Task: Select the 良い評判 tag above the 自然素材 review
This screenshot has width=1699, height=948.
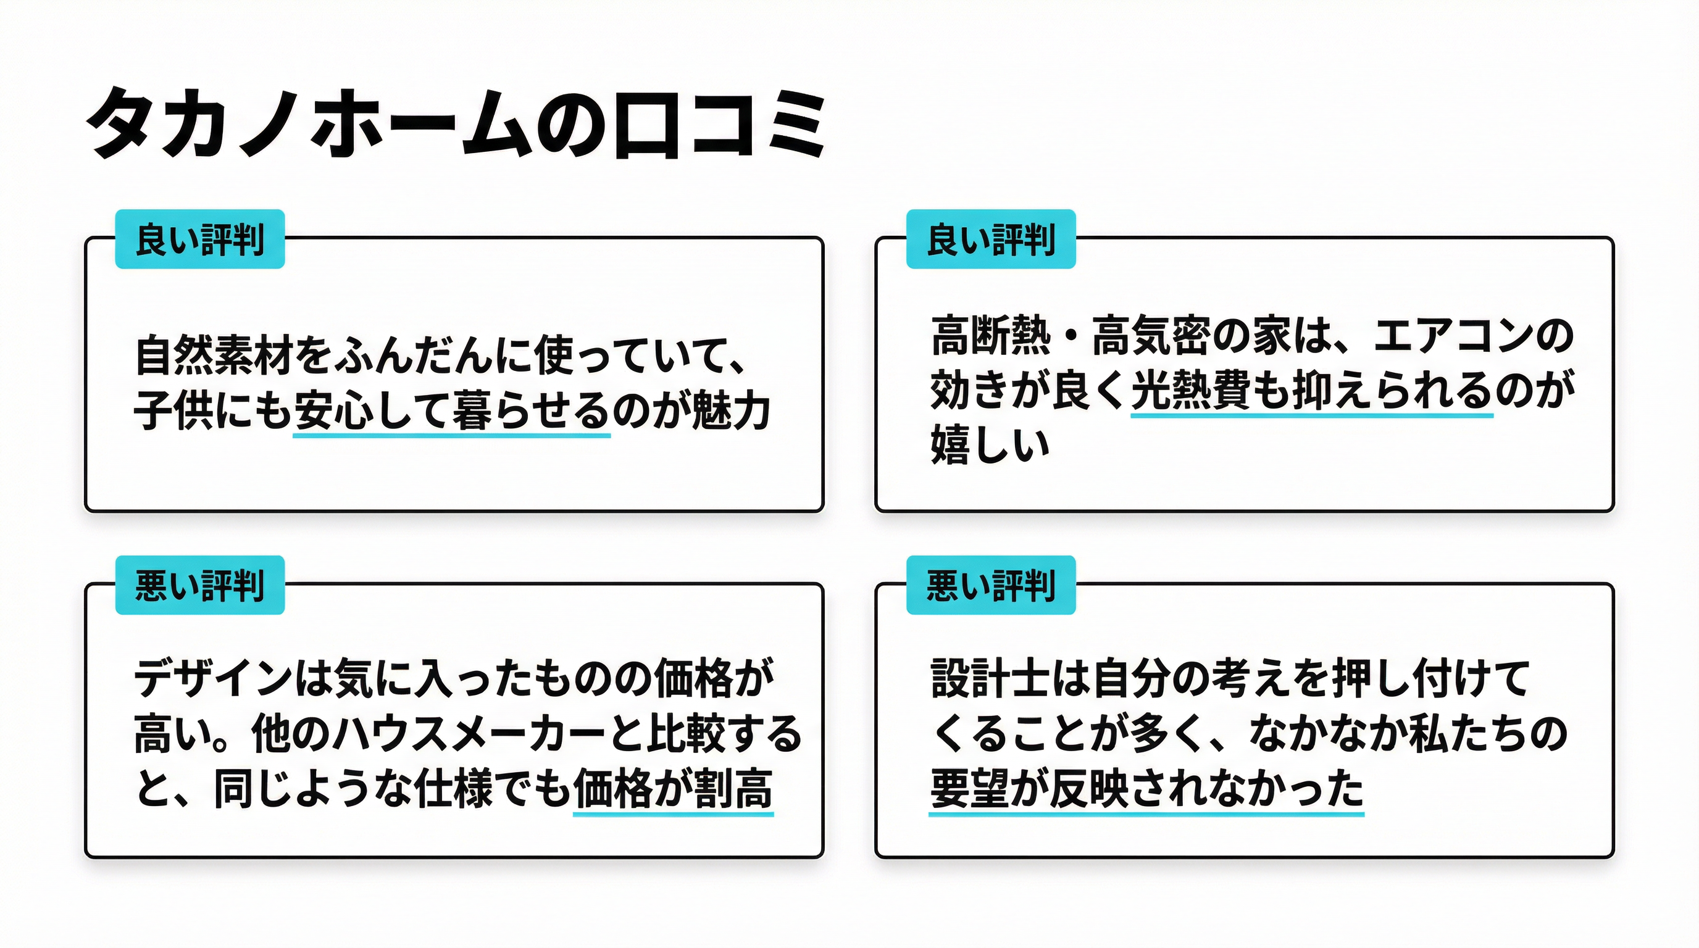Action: (x=200, y=239)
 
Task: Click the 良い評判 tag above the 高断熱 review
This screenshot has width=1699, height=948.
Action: (x=991, y=239)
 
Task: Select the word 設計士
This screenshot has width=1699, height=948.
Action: (x=989, y=678)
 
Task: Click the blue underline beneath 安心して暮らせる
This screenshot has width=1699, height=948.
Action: (x=451, y=435)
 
